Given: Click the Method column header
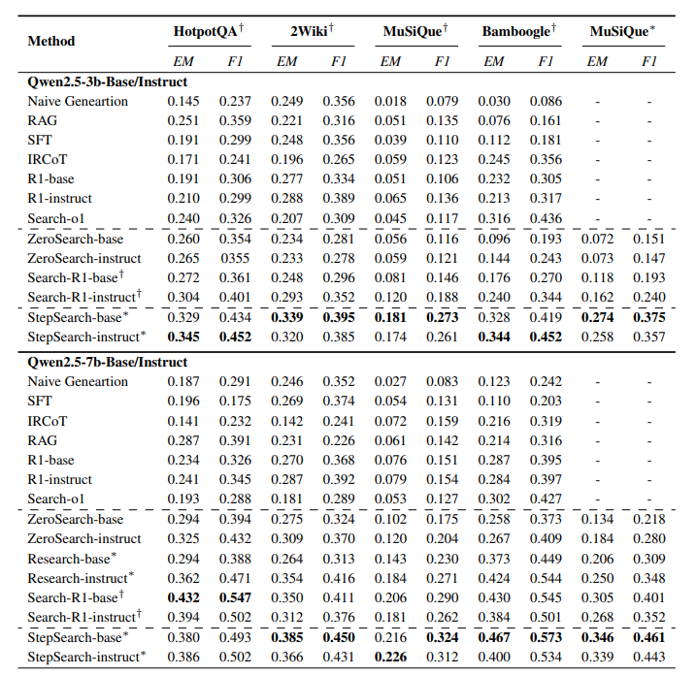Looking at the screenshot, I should (x=51, y=42).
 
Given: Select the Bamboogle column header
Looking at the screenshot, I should (x=518, y=32).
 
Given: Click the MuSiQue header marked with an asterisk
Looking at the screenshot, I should (x=622, y=32).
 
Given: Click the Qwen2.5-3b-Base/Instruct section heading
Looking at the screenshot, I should (x=108, y=82).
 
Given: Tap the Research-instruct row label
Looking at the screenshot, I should (x=79, y=578).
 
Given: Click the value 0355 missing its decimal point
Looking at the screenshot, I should (x=234, y=258).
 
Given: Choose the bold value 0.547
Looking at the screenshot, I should (x=234, y=597).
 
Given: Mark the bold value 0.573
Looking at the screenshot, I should (x=547, y=637).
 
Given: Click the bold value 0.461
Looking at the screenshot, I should (x=649, y=637).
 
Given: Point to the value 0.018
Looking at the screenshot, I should (x=389, y=102).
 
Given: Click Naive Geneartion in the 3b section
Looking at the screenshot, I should (x=78, y=102).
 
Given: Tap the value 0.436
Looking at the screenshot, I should (x=547, y=219).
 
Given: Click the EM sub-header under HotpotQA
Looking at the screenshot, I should (x=182, y=62).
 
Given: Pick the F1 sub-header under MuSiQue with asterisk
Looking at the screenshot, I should (x=649, y=62).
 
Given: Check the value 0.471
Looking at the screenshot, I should (x=234, y=578).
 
